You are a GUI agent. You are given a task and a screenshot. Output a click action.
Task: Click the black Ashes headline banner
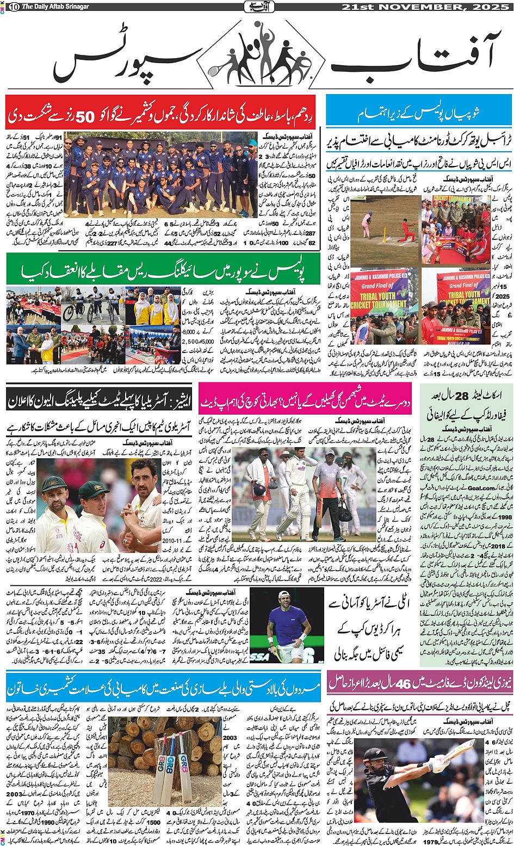pos(98,402)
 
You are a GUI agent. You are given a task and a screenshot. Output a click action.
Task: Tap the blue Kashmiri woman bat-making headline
pos(163,687)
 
